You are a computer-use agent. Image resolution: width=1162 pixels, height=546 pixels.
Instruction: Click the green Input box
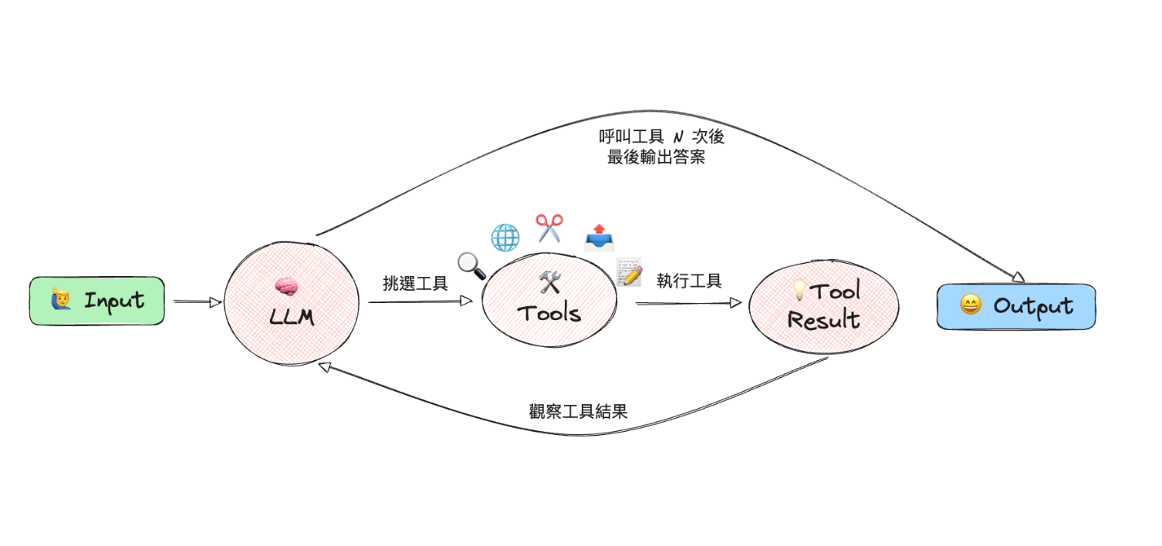click(x=97, y=301)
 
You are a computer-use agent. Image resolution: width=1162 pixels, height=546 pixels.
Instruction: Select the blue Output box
click(x=1016, y=306)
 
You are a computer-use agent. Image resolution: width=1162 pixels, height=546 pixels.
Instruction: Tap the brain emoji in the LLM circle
click(x=285, y=287)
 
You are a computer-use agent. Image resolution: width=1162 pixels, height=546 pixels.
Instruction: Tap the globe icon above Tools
click(x=505, y=238)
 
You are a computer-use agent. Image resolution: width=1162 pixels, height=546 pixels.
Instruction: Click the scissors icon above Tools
click(x=549, y=228)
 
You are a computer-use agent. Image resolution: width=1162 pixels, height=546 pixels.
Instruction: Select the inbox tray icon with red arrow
click(x=599, y=238)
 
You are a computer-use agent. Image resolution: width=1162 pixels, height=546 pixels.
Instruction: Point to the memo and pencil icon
click(x=630, y=272)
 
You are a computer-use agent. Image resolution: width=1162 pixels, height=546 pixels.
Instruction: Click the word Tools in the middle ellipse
click(x=549, y=313)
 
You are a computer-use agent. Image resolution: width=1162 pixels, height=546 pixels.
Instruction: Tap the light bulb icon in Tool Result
click(x=800, y=290)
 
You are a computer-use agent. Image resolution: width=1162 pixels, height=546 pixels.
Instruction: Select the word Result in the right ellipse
click(x=823, y=318)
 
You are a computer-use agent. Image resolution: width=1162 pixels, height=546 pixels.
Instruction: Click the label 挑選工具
click(x=415, y=283)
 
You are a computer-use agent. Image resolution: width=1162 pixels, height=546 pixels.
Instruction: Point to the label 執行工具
click(x=689, y=281)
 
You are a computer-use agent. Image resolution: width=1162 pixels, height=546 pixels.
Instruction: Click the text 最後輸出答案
click(x=656, y=158)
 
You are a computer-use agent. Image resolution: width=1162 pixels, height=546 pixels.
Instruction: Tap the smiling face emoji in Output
click(x=970, y=305)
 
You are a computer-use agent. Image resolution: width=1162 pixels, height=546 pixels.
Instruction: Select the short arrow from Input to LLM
click(x=198, y=302)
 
